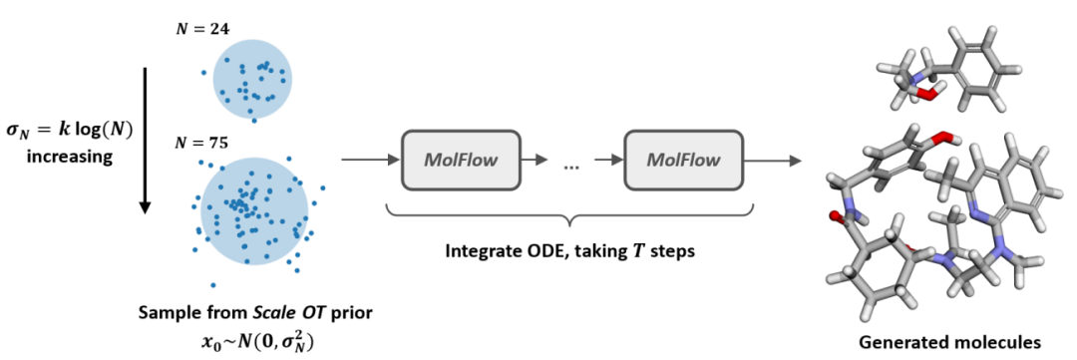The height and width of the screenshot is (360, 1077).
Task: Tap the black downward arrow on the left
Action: pyautogui.click(x=144, y=141)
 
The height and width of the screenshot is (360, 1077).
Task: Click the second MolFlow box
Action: pyautogui.click(x=683, y=160)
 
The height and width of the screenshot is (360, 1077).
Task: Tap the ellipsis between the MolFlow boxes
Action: pyautogui.click(x=571, y=166)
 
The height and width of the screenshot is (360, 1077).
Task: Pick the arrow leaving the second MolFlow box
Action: pyautogui.click(x=779, y=160)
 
